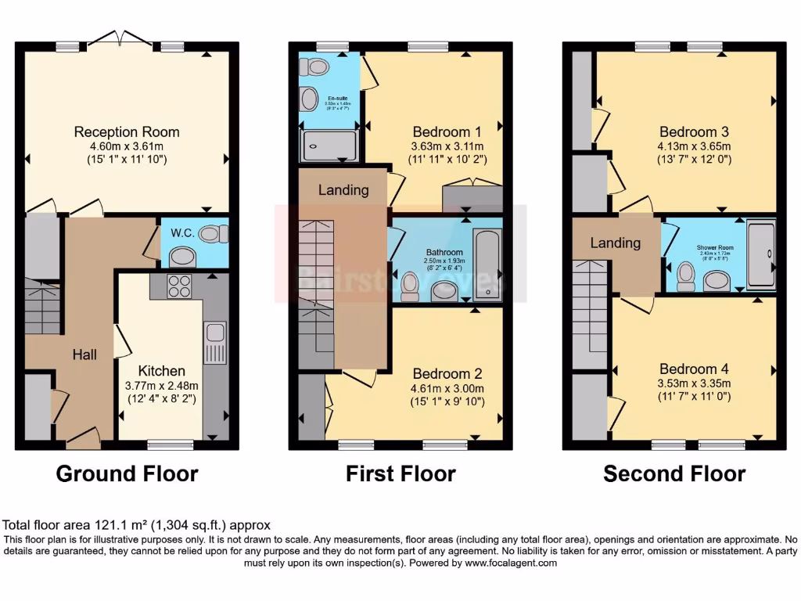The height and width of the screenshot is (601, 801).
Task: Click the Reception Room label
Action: click(127, 131)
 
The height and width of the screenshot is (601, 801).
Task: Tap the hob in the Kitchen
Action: click(179, 286)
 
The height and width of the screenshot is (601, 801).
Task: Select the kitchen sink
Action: click(214, 343)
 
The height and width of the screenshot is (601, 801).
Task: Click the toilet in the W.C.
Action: click(213, 233)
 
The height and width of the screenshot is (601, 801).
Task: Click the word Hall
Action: click(84, 354)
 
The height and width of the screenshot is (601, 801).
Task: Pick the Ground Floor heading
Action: click(127, 473)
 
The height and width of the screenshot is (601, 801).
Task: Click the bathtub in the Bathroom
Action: click(487, 264)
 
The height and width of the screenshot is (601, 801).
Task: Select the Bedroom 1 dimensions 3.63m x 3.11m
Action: click(447, 146)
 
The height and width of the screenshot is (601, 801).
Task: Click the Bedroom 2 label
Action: click(447, 373)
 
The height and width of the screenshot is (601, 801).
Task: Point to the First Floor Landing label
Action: click(343, 190)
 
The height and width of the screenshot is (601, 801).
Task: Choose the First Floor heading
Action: click(400, 473)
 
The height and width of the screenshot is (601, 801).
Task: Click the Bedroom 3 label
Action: click(688, 131)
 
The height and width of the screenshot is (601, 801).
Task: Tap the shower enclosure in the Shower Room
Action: click(761, 254)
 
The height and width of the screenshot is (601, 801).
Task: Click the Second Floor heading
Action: click(674, 473)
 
